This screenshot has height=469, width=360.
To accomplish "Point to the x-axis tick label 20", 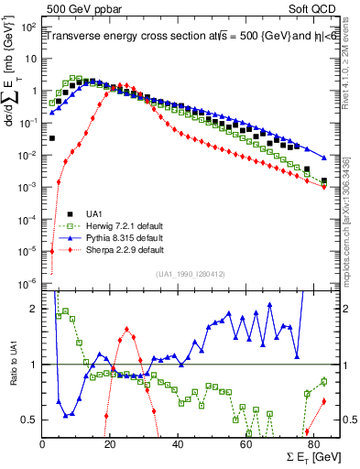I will [x=110, y=443].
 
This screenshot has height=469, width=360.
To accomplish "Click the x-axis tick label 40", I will [x=178, y=443].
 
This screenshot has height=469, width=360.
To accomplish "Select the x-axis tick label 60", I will [x=245, y=443].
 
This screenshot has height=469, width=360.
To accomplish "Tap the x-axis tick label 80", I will [x=312, y=443].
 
